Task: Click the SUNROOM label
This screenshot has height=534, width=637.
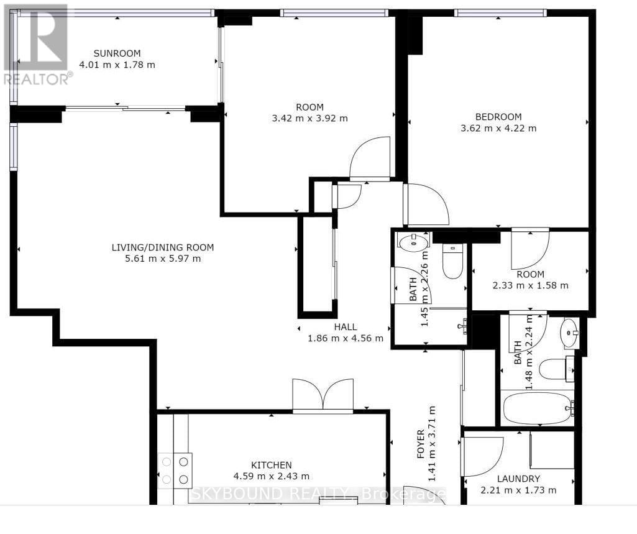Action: pyautogui.click(x=117, y=53)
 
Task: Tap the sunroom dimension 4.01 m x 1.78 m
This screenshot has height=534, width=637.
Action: pyautogui.click(x=117, y=65)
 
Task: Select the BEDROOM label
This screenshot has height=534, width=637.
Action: pyautogui.click(x=498, y=117)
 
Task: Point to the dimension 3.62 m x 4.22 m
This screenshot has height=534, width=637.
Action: pyautogui.click(x=498, y=129)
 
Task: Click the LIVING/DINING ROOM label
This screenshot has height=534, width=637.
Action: pyautogui.click(x=163, y=247)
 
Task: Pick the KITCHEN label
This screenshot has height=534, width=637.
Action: pyautogui.click(x=272, y=465)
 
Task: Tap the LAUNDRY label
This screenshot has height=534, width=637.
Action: pyautogui.click(x=518, y=479)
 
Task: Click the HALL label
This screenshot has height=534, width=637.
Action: pyautogui.click(x=346, y=327)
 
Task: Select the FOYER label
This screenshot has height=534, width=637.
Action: pyautogui.click(x=421, y=444)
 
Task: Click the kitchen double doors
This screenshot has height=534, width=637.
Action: pyautogui.click(x=323, y=395)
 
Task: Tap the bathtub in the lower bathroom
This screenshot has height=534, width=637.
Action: pyautogui.click(x=538, y=408)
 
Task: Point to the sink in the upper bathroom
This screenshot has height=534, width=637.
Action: pyautogui.click(x=413, y=243)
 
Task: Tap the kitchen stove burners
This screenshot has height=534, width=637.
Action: pyautogui.click(x=175, y=470)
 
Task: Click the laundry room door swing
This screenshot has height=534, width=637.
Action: pyautogui.click(x=483, y=456)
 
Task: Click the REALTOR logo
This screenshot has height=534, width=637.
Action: pyautogui.click(x=36, y=44)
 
